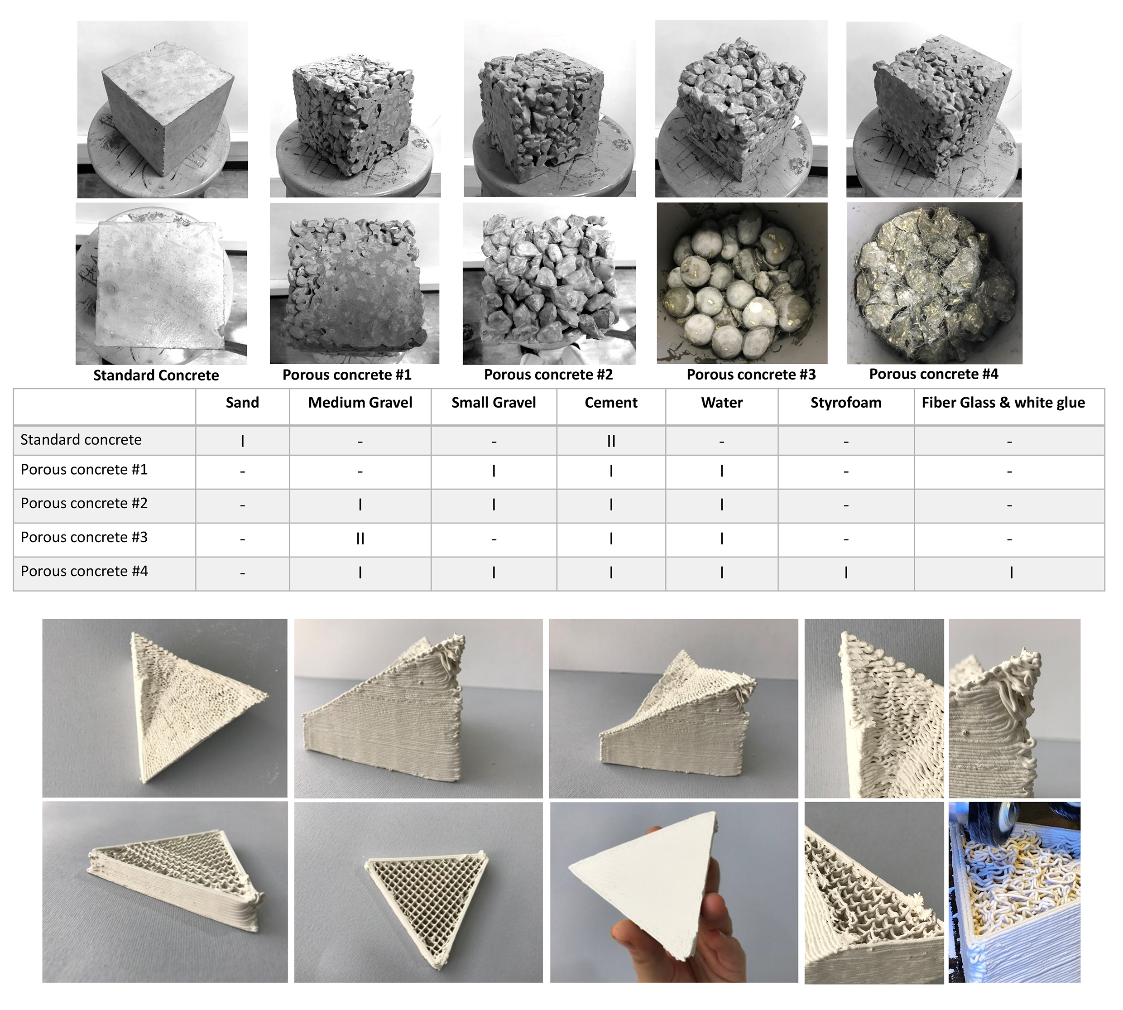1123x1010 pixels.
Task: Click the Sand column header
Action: tap(242, 403)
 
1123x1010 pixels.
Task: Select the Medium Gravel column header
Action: tap(360, 403)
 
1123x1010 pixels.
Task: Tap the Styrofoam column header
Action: tap(845, 403)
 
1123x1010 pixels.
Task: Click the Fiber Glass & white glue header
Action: tap(1003, 403)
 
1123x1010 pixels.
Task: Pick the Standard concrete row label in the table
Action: tap(81, 440)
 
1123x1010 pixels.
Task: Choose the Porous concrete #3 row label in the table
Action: tap(84, 537)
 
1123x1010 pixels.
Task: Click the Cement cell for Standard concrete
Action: tap(611, 441)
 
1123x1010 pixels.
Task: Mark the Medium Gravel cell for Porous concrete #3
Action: tap(360, 539)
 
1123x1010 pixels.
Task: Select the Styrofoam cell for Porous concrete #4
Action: tap(845, 572)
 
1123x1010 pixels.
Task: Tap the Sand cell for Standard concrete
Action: tap(242, 441)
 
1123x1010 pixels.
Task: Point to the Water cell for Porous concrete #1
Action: tap(721, 471)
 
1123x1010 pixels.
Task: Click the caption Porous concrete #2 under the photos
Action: tap(548, 375)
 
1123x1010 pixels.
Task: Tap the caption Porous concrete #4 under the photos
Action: tap(933, 374)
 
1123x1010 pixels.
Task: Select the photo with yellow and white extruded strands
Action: tap(1014, 892)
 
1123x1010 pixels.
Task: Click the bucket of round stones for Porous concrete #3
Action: tap(742, 283)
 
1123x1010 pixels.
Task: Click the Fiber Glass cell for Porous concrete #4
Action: tap(1011, 572)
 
